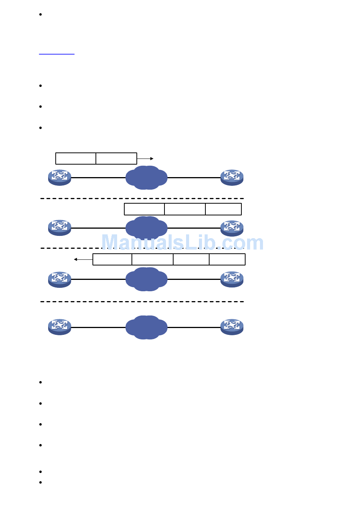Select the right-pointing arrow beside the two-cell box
coord(145,159)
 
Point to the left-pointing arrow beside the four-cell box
coord(83,259)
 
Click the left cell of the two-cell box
coord(76,159)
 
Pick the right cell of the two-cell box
coord(116,159)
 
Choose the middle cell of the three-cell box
coord(185,209)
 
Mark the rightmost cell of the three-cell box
coord(224,209)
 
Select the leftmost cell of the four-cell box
coord(112,259)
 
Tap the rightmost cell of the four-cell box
coord(227,259)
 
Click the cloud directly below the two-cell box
coord(147,177)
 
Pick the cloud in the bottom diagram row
coord(147,327)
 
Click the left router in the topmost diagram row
coord(59,177)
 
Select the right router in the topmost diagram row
coord(232,177)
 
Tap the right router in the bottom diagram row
coord(232,327)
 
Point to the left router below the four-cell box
coord(59,279)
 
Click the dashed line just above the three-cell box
coord(142,198)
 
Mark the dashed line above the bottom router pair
coord(142,302)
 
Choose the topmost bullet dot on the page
coord(40,14)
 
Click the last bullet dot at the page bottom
coord(40,482)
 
